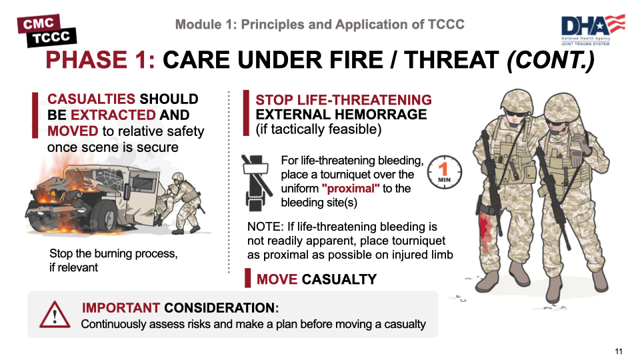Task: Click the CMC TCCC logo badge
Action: click(47, 31)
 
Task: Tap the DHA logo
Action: click(593, 30)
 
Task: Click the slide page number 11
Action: click(619, 351)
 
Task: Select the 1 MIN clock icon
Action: click(445, 172)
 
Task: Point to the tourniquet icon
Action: click(256, 183)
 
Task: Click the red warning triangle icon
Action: click(55, 315)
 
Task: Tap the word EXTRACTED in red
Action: click(113, 115)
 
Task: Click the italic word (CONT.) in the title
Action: click(551, 60)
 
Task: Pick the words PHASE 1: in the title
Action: click(101, 60)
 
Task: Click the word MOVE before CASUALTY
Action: click(277, 279)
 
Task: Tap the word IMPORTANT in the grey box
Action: click(121, 308)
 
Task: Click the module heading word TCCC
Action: click(446, 25)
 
